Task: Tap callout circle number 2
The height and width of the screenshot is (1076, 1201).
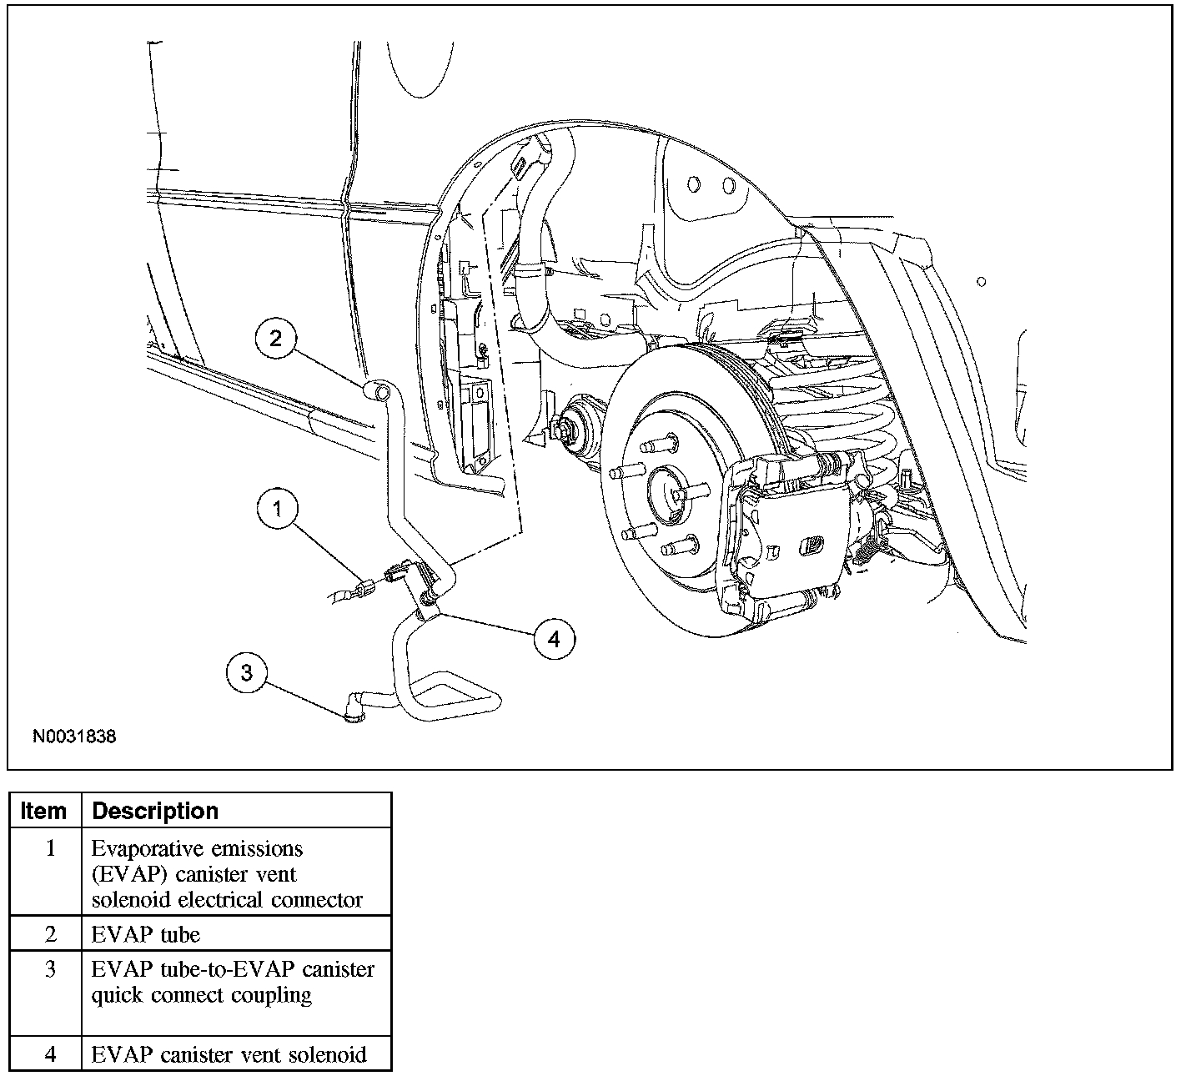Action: (x=277, y=338)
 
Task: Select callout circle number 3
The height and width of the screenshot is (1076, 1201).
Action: (x=247, y=672)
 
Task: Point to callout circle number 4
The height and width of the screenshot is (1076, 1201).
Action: (x=554, y=639)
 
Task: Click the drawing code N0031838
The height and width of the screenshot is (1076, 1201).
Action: (x=74, y=737)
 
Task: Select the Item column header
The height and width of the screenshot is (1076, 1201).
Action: (x=44, y=811)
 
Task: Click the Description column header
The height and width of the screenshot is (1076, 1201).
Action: (x=155, y=811)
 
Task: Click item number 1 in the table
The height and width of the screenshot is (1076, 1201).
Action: (x=50, y=849)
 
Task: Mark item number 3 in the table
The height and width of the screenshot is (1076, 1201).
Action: (x=50, y=970)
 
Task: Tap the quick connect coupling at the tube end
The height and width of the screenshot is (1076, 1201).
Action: (x=354, y=706)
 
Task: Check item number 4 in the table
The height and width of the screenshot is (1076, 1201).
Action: (x=50, y=1054)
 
